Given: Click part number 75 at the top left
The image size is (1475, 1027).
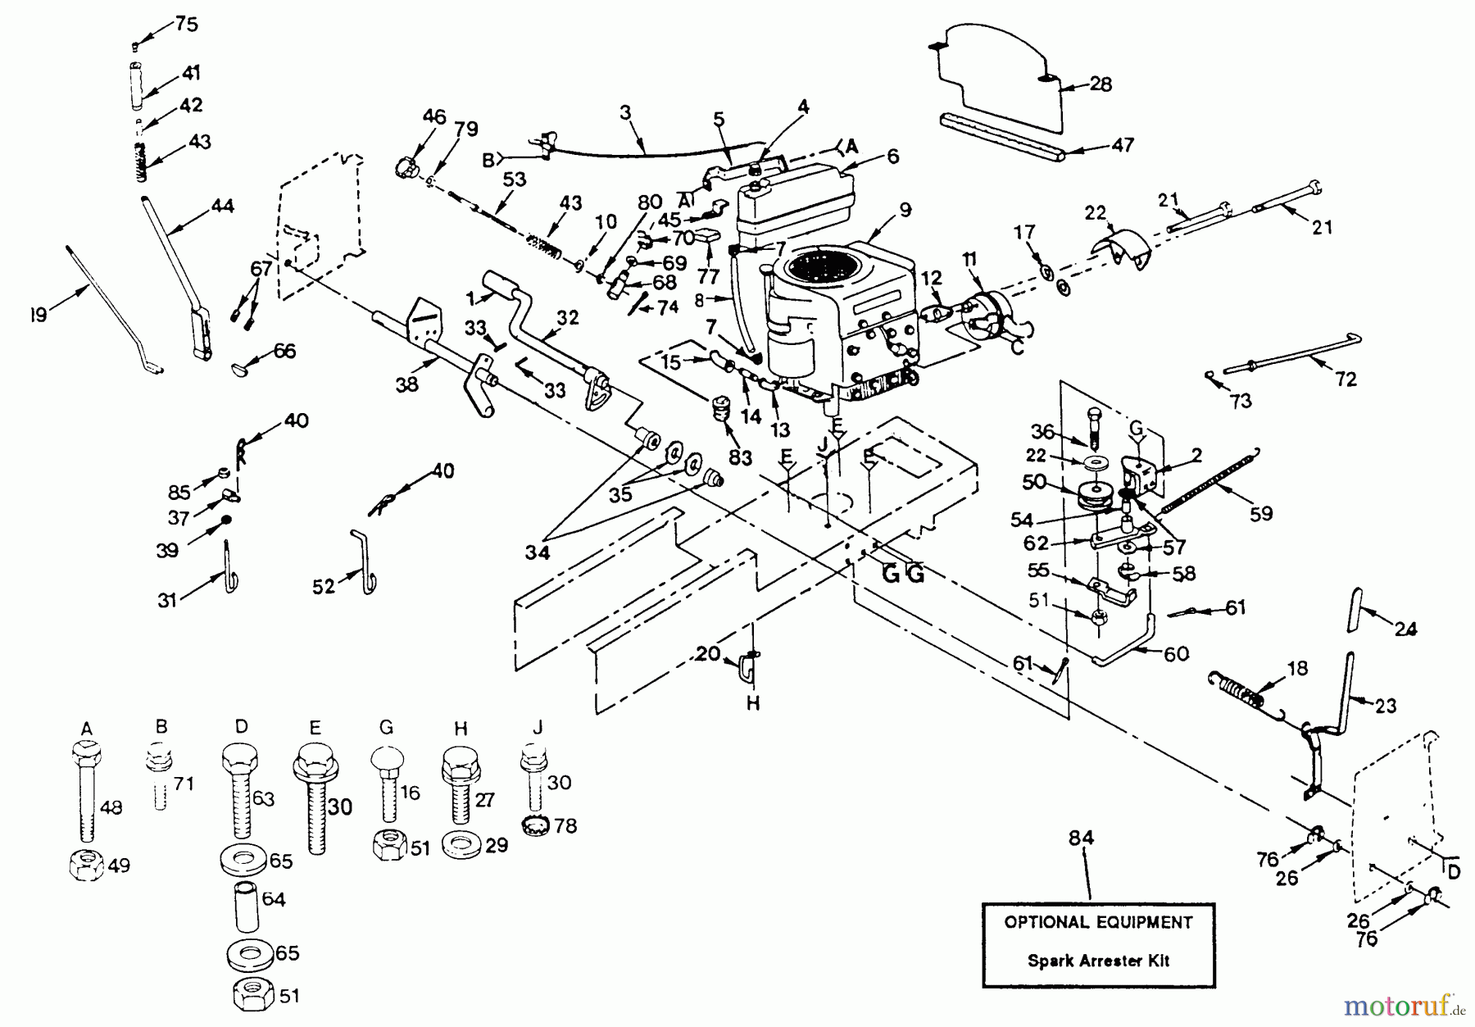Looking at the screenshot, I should [186, 24].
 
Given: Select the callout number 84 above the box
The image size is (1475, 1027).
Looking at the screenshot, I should [1082, 838].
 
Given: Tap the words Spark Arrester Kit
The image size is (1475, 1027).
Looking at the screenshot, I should [1099, 960].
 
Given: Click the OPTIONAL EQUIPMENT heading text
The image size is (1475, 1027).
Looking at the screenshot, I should [1098, 922].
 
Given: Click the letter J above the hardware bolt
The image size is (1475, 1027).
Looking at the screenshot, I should [538, 727].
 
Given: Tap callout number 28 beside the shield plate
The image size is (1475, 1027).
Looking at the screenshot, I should [1101, 84].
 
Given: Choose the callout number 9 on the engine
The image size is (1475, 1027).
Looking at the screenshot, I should [905, 209].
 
